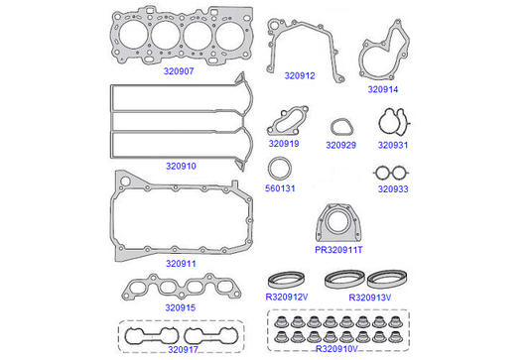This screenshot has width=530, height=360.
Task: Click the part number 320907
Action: [179, 71]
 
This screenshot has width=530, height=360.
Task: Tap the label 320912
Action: [300, 75]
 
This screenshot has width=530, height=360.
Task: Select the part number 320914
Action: [383, 89]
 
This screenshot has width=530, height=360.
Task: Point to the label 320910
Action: [181, 167]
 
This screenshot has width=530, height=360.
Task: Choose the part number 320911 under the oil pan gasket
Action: [181, 264]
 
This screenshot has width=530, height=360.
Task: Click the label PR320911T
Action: [338, 250]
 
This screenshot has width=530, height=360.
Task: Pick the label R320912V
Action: [287, 297]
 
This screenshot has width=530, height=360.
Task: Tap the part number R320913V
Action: [370, 298]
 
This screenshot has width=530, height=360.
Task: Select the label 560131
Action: [280, 188]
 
